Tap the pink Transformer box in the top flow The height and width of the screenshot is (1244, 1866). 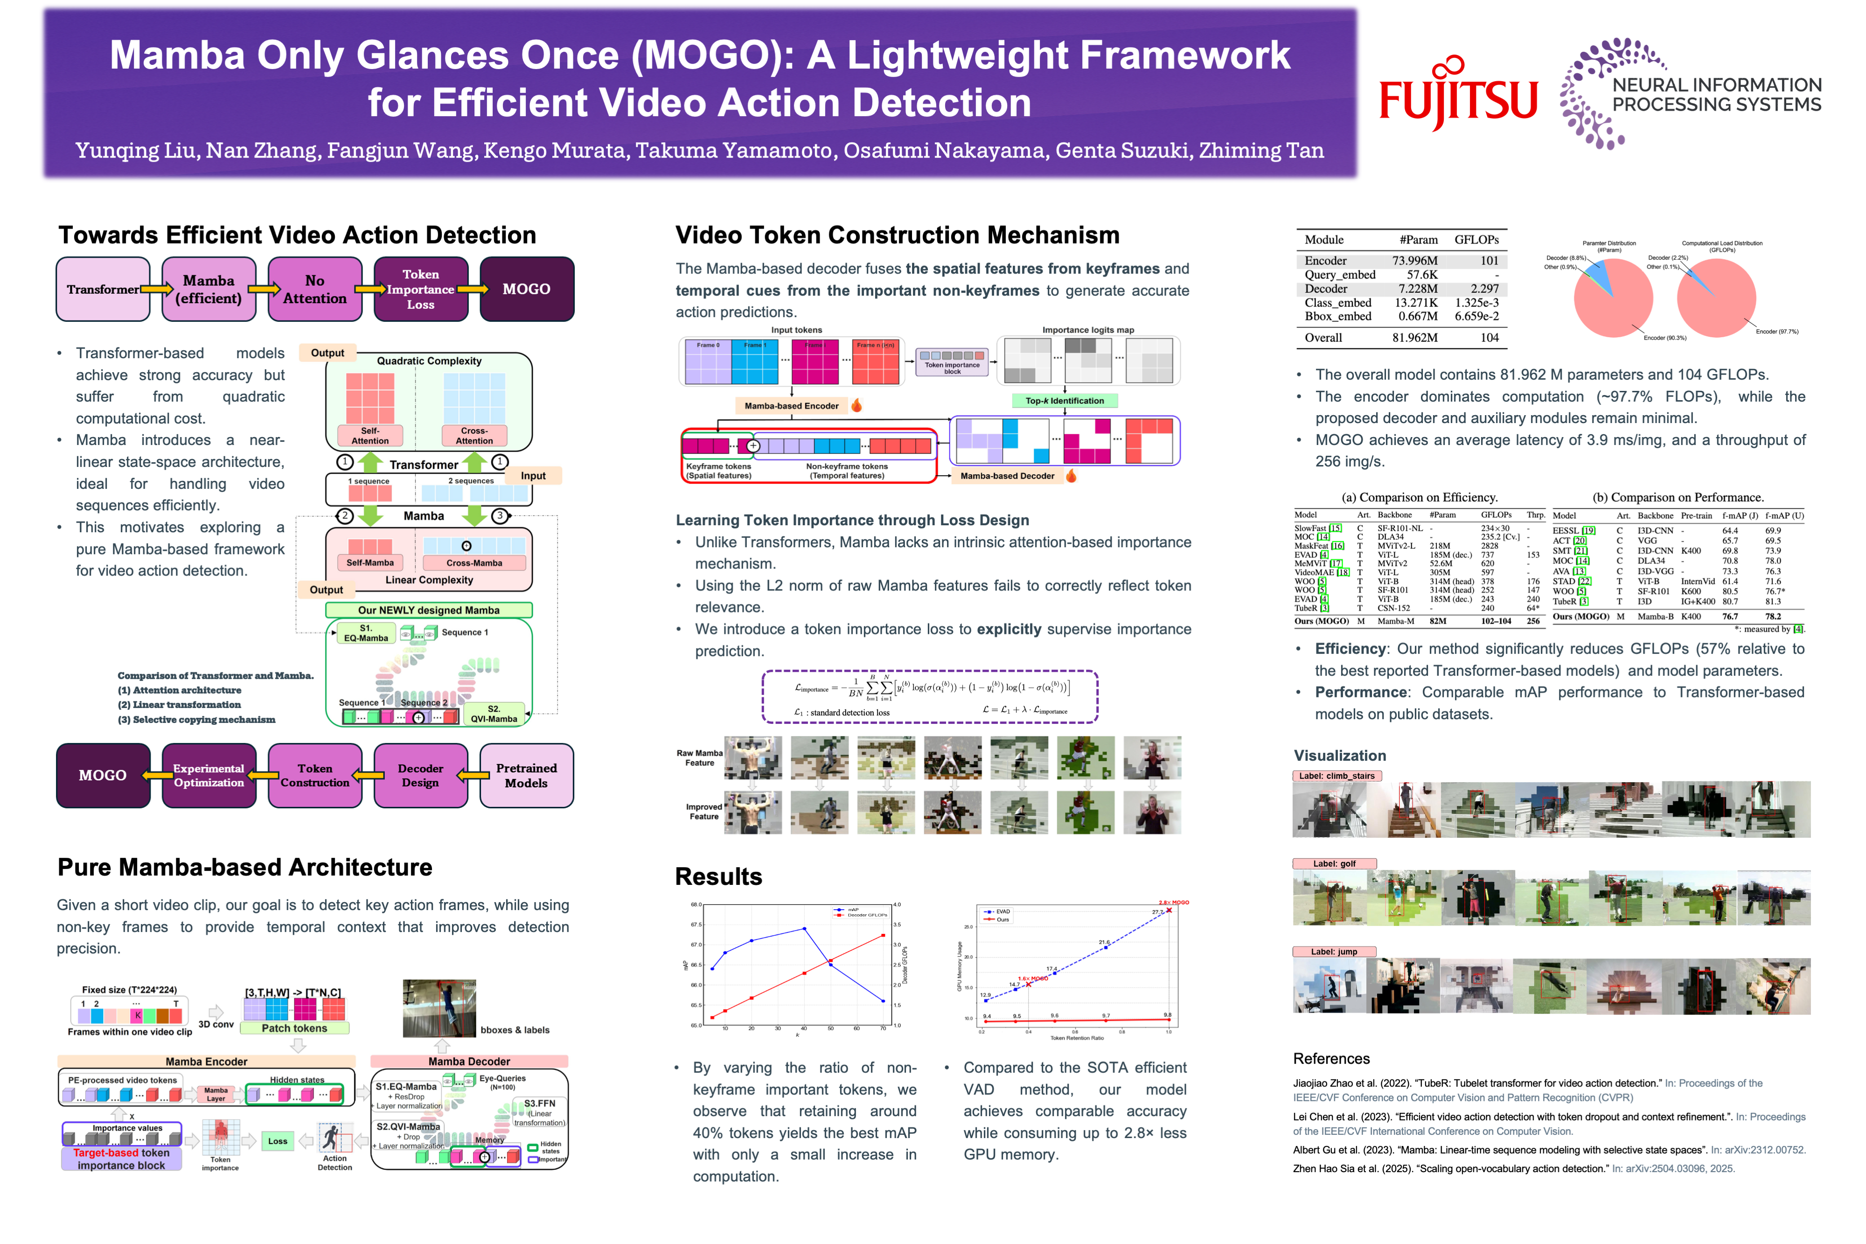point(102,290)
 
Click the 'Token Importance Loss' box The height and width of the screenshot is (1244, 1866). point(420,290)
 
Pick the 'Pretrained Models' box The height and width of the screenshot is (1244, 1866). point(526,775)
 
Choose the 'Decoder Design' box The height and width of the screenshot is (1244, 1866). point(420,775)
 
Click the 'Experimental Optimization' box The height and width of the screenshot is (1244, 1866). point(209,775)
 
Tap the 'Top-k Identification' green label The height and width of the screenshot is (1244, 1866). point(1064,401)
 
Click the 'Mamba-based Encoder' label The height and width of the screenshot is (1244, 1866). point(791,405)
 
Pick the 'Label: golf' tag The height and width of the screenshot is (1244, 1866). point(1334,863)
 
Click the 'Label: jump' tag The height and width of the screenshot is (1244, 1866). point(1334,951)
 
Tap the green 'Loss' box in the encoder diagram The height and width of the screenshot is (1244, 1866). point(278,1141)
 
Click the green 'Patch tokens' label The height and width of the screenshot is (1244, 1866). point(294,1028)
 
